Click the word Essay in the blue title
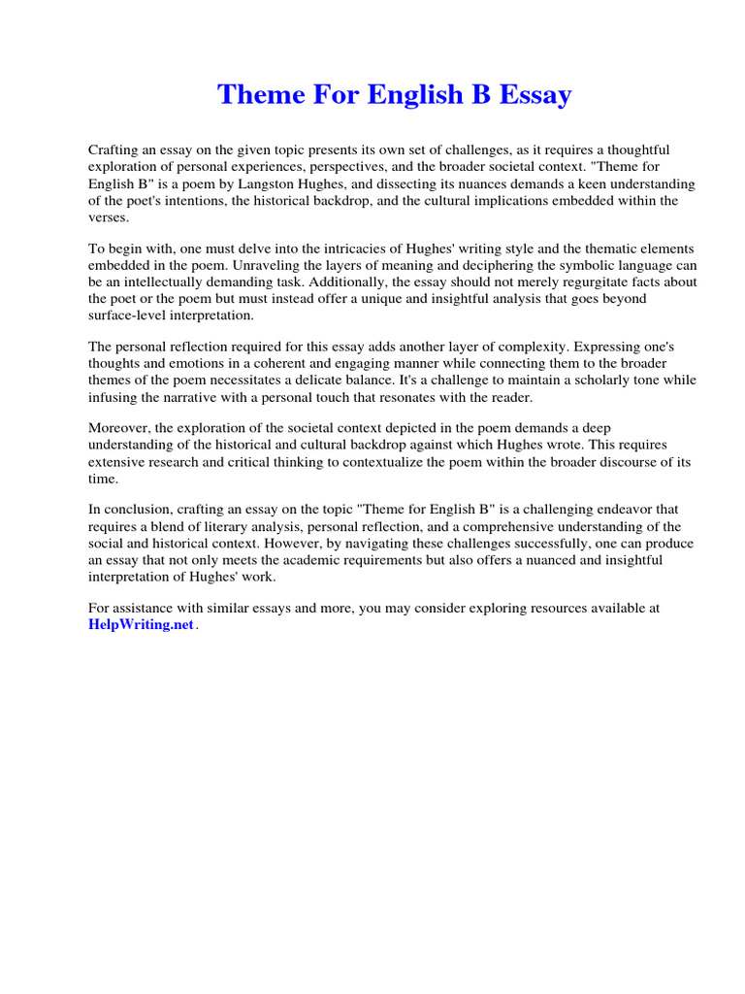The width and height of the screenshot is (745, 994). click(x=533, y=95)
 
